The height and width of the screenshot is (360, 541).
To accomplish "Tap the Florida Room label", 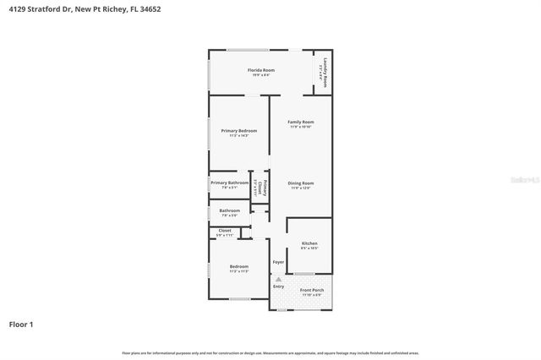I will [261, 70].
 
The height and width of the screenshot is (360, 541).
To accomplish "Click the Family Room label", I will [300, 122].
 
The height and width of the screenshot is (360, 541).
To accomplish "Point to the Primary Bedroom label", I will [239, 131].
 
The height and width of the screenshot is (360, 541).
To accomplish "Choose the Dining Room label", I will [300, 183].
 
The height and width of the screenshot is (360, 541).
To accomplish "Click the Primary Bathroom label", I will [230, 183].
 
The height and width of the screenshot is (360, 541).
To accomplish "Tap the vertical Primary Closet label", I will [265, 188].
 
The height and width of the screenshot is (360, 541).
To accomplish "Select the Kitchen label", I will [309, 243].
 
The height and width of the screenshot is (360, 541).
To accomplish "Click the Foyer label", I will [278, 262].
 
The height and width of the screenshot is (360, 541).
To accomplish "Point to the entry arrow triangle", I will [278, 278].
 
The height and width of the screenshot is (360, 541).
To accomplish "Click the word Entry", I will [278, 286].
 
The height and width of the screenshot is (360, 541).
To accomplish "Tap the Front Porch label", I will [312, 290].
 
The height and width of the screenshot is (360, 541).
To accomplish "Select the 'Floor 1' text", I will [21, 323].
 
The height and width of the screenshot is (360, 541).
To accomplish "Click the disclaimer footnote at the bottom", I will [270, 352].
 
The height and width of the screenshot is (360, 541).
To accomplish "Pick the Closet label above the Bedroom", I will [225, 230].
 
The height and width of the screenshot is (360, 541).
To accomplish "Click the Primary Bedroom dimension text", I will [239, 136].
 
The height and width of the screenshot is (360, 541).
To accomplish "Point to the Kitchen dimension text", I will [309, 248].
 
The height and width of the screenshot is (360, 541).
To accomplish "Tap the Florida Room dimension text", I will [261, 75].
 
